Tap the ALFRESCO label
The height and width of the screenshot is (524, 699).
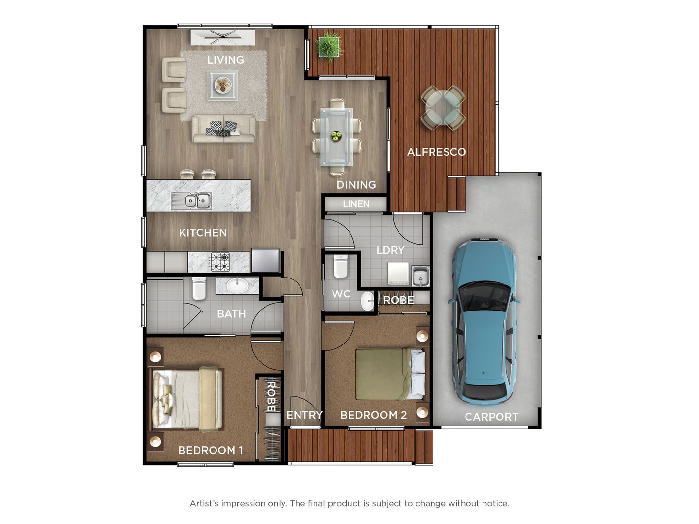pos(436,152)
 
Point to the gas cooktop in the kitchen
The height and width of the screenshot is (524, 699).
pos(219,262)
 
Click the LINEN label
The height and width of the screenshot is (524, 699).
pos(356,204)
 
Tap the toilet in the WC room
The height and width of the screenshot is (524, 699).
pos(340,266)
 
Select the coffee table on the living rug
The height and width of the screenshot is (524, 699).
pos(223,85)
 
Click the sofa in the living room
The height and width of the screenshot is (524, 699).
pos(224,129)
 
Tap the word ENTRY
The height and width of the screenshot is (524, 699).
pos(304,415)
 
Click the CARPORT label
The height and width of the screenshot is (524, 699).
pos(491,417)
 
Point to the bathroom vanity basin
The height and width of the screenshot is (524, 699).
pos(236,285)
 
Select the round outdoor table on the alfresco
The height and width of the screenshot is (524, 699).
pos(442,108)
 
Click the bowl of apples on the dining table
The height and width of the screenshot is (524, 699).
pos(336,136)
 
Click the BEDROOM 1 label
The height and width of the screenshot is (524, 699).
pos(210,450)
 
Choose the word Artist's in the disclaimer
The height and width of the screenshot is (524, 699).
pos(203,503)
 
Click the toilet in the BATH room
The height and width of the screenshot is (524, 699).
pos(199,288)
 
